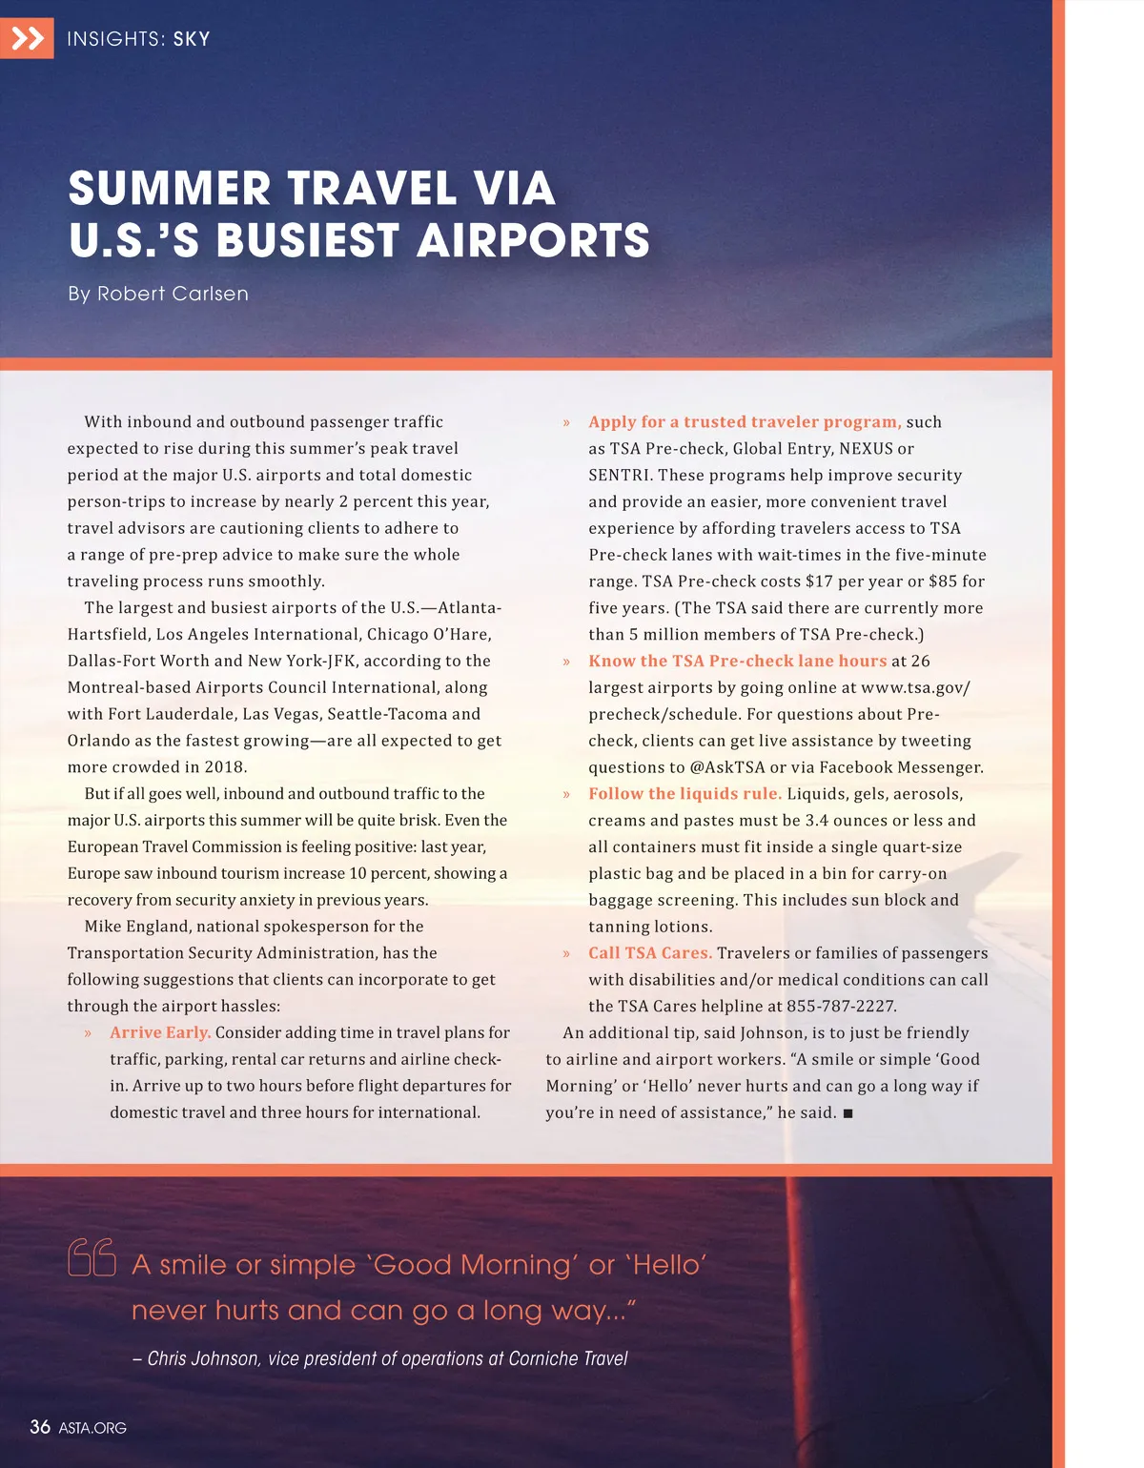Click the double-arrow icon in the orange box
point(28,38)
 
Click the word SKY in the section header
point(192,39)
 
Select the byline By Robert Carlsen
point(158,294)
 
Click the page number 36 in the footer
point(40,1427)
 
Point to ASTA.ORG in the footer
point(92,1428)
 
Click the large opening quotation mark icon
point(92,1257)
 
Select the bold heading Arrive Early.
point(160,1032)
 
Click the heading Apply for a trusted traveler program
point(745,421)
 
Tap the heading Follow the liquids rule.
point(684,793)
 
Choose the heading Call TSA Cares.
point(650,952)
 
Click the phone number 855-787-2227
point(841,1006)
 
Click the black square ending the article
point(848,1112)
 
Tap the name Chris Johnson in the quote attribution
point(203,1358)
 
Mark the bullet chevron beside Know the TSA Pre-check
point(566,662)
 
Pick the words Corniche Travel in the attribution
point(568,1358)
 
